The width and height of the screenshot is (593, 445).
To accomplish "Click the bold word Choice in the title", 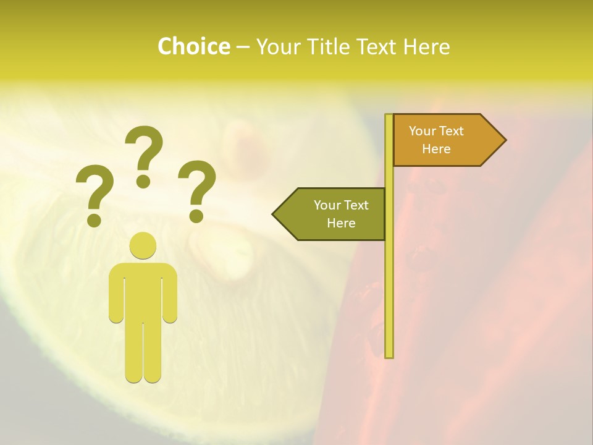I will [x=193, y=46].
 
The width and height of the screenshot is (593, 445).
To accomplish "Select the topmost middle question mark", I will [x=144, y=155].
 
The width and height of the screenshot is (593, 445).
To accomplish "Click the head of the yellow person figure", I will [x=143, y=245].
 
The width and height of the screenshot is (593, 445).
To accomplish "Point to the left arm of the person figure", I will [x=116, y=294].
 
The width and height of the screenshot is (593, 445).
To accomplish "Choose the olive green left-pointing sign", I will [x=334, y=214].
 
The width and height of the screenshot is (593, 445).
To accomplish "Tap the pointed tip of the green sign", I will [x=275, y=214].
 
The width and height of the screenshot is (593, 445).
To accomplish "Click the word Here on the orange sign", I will [x=436, y=149].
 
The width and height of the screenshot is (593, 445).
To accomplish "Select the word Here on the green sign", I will [x=341, y=223].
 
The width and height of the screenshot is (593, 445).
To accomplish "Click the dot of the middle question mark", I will [x=143, y=180].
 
